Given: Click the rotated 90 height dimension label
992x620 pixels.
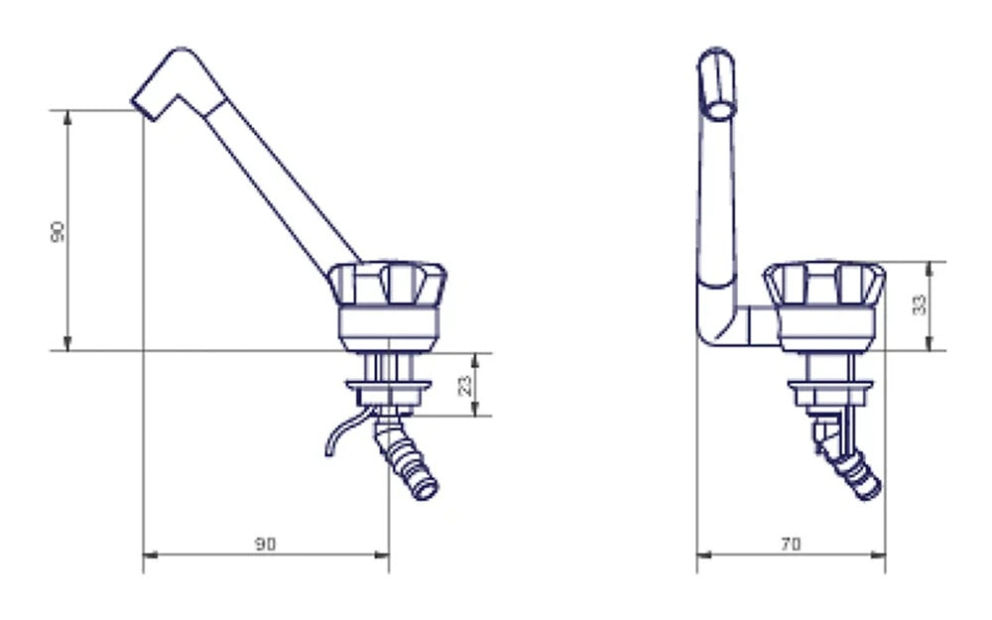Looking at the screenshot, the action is [x=57, y=231].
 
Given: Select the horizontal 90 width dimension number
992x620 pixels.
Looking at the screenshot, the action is [x=265, y=544].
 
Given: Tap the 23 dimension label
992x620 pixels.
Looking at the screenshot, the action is [x=464, y=385].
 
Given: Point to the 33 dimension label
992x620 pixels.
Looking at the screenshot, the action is [x=920, y=305].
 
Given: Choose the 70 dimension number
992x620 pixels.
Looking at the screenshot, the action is [x=791, y=544].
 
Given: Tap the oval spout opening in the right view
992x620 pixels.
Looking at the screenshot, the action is [x=719, y=109].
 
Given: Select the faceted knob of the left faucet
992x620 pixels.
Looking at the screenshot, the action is [x=387, y=283].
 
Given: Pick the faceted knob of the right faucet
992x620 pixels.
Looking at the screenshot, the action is [x=823, y=283].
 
